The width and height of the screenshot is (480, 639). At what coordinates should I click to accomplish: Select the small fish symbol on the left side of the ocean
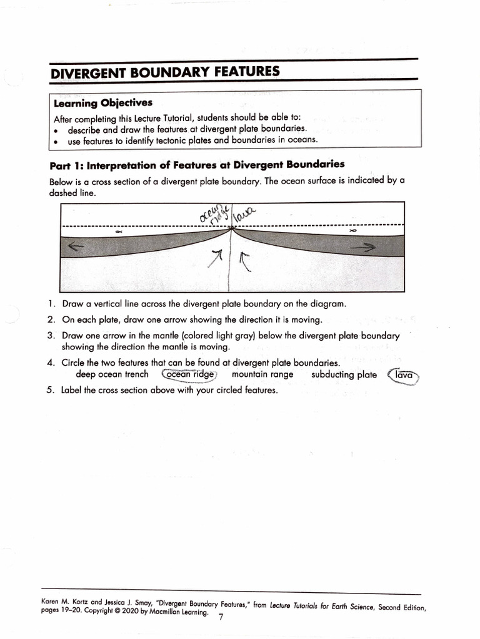point(119,232)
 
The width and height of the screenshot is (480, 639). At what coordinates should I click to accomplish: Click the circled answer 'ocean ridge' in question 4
point(189,374)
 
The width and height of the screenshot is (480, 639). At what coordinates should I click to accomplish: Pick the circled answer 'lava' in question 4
point(404,375)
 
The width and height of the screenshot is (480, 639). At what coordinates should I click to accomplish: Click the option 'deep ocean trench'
point(112,374)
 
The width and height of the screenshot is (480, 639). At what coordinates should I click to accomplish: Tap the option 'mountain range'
point(262,374)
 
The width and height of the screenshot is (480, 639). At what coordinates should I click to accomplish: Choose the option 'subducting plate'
point(344,374)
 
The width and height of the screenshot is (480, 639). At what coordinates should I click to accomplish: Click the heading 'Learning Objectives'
point(103,103)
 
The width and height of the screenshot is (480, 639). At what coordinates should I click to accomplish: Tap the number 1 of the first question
point(51,305)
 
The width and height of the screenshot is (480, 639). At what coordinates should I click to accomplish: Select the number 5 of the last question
point(51,391)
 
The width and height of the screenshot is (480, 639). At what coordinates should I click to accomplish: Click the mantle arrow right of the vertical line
point(244,261)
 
